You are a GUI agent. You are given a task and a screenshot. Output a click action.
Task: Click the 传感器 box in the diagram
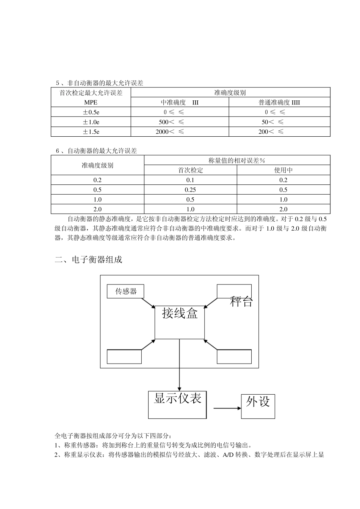coord(126,291)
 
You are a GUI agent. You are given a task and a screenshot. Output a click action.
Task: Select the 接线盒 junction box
coord(180,322)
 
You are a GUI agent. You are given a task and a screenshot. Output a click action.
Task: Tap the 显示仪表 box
coord(177,404)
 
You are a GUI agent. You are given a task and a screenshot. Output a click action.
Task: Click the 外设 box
coord(258,406)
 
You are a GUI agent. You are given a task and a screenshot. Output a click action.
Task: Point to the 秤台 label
coord(241,302)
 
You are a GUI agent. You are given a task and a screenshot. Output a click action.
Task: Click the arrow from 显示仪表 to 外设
coord(227,408)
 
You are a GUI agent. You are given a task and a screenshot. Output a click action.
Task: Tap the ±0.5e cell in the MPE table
coord(91,112)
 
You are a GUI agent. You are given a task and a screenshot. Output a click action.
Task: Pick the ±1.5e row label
coord(91,132)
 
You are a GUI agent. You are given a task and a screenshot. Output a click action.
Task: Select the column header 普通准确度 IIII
coord(279,102)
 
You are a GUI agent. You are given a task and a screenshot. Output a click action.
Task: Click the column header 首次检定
coord(191,170)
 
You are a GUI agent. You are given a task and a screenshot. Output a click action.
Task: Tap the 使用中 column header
coord(283,170)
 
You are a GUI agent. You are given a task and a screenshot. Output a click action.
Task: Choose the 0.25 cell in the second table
coord(191,190)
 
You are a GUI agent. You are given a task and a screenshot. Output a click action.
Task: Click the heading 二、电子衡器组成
coord(89,260)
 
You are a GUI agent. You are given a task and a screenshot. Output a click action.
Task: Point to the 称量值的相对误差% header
coord(237,160)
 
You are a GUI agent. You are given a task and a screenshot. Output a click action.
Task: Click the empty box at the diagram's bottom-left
coord(124,357)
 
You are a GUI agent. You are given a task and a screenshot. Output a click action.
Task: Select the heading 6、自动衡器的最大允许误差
coord(96,151)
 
